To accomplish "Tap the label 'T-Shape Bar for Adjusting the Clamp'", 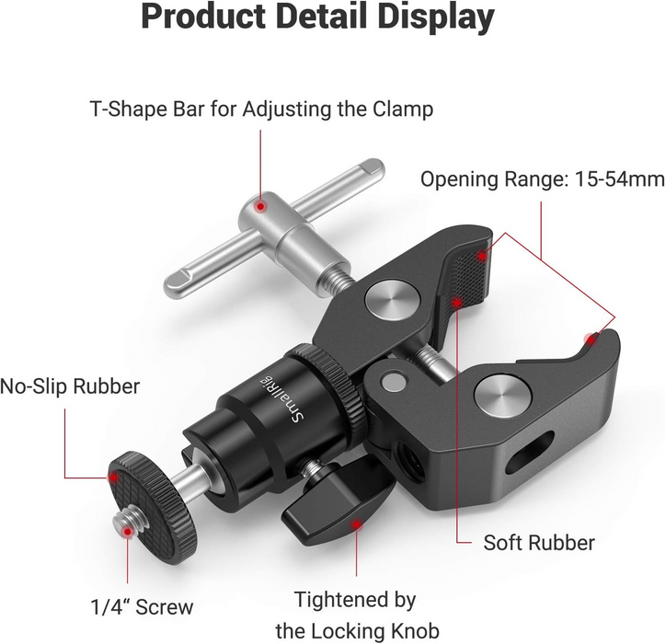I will point(261,109).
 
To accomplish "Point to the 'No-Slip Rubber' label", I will point(71,385).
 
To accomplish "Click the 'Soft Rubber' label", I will point(538,541).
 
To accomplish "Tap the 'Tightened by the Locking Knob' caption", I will point(354,615).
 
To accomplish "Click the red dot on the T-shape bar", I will point(262,208).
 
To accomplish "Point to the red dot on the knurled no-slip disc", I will point(112,477).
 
